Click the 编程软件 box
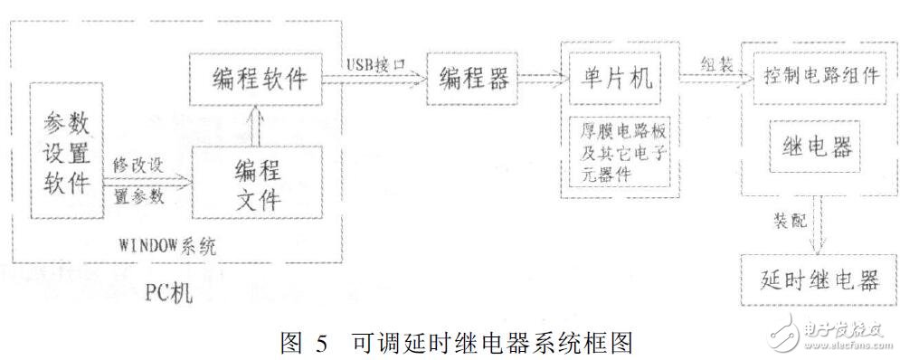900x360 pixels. point(255,79)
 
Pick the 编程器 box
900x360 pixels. point(472,79)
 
